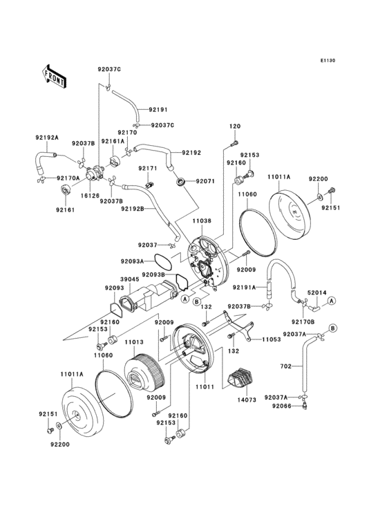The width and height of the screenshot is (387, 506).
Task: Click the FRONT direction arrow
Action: click(x=55, y=75)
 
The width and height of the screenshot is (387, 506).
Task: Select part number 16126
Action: click(x=91, y=196)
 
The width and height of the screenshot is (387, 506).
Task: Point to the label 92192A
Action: click(x=48, y=138)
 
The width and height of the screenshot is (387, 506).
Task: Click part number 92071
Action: click(x=205, y=181)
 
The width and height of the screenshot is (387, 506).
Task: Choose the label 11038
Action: click(x=202, y=221)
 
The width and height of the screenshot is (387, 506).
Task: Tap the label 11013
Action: click(x=135, y=341)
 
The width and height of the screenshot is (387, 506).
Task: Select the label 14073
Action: click(x=247, y=400)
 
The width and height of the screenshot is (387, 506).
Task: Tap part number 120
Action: click(x=235, y=126)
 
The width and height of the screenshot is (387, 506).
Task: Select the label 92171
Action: click(x=147, y=168)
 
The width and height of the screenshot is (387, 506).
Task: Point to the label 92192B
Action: click(x=132, y=208)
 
